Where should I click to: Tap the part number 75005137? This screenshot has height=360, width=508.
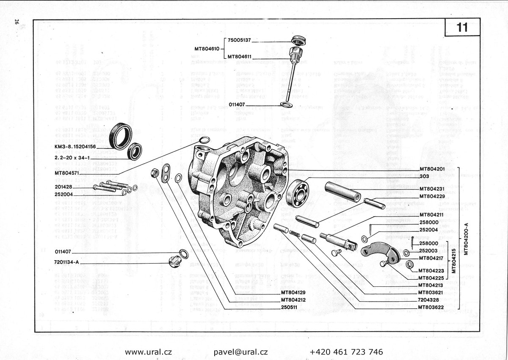point(239,40)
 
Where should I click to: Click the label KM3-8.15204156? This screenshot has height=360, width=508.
point(75,146)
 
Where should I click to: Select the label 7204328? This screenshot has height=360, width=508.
point(429,300)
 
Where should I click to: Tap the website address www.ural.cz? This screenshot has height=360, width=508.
point(148,352)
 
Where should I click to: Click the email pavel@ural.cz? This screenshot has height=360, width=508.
point(240,352)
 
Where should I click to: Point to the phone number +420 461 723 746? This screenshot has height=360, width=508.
point(346,352)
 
